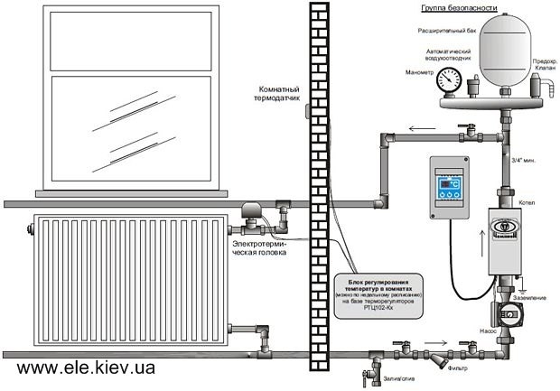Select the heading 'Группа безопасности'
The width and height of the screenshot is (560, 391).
[459, 8]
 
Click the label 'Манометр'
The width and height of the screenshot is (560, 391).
[421, 72]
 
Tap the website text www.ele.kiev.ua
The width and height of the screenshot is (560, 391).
[86, 368]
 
